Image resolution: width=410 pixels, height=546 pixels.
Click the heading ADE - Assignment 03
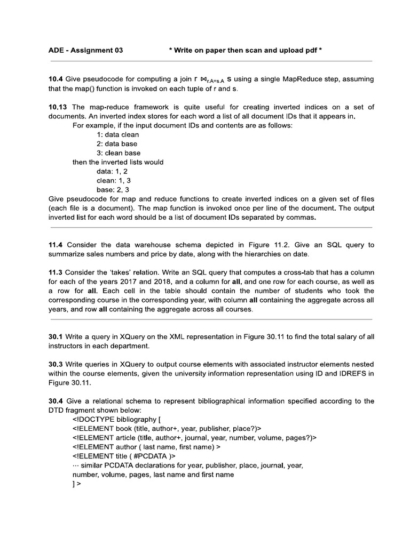tap(85, 51)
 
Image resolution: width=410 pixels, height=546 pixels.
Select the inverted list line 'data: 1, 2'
tap(112, 171)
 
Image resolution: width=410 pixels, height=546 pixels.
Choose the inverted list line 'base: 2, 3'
tap(113, 189)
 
